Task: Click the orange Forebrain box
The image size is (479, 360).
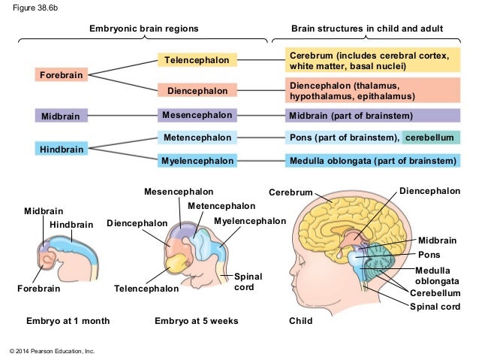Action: (62, 74)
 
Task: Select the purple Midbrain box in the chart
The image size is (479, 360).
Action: (62, 116)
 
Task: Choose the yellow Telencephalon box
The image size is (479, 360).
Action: (196, 59)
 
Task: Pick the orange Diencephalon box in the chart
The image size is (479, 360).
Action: (197, 91)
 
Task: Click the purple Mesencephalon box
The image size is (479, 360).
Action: (197, 116)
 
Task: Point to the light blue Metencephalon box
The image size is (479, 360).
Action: (197, 138)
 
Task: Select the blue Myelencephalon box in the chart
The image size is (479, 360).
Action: (197, 161)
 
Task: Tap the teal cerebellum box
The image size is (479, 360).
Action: (430, 138)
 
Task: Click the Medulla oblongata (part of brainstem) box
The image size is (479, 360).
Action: (372, 161)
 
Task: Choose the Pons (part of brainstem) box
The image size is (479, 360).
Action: (342, 138)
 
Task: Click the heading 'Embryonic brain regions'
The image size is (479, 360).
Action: (144, 29)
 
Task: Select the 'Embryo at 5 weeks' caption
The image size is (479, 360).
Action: (196, 321)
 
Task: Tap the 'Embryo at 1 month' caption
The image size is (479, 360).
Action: (68, 321)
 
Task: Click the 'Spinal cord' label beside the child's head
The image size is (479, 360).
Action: (435, 307)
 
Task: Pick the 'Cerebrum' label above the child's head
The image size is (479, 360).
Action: (291, 193)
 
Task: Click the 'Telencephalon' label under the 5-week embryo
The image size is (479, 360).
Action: (146, 289)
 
